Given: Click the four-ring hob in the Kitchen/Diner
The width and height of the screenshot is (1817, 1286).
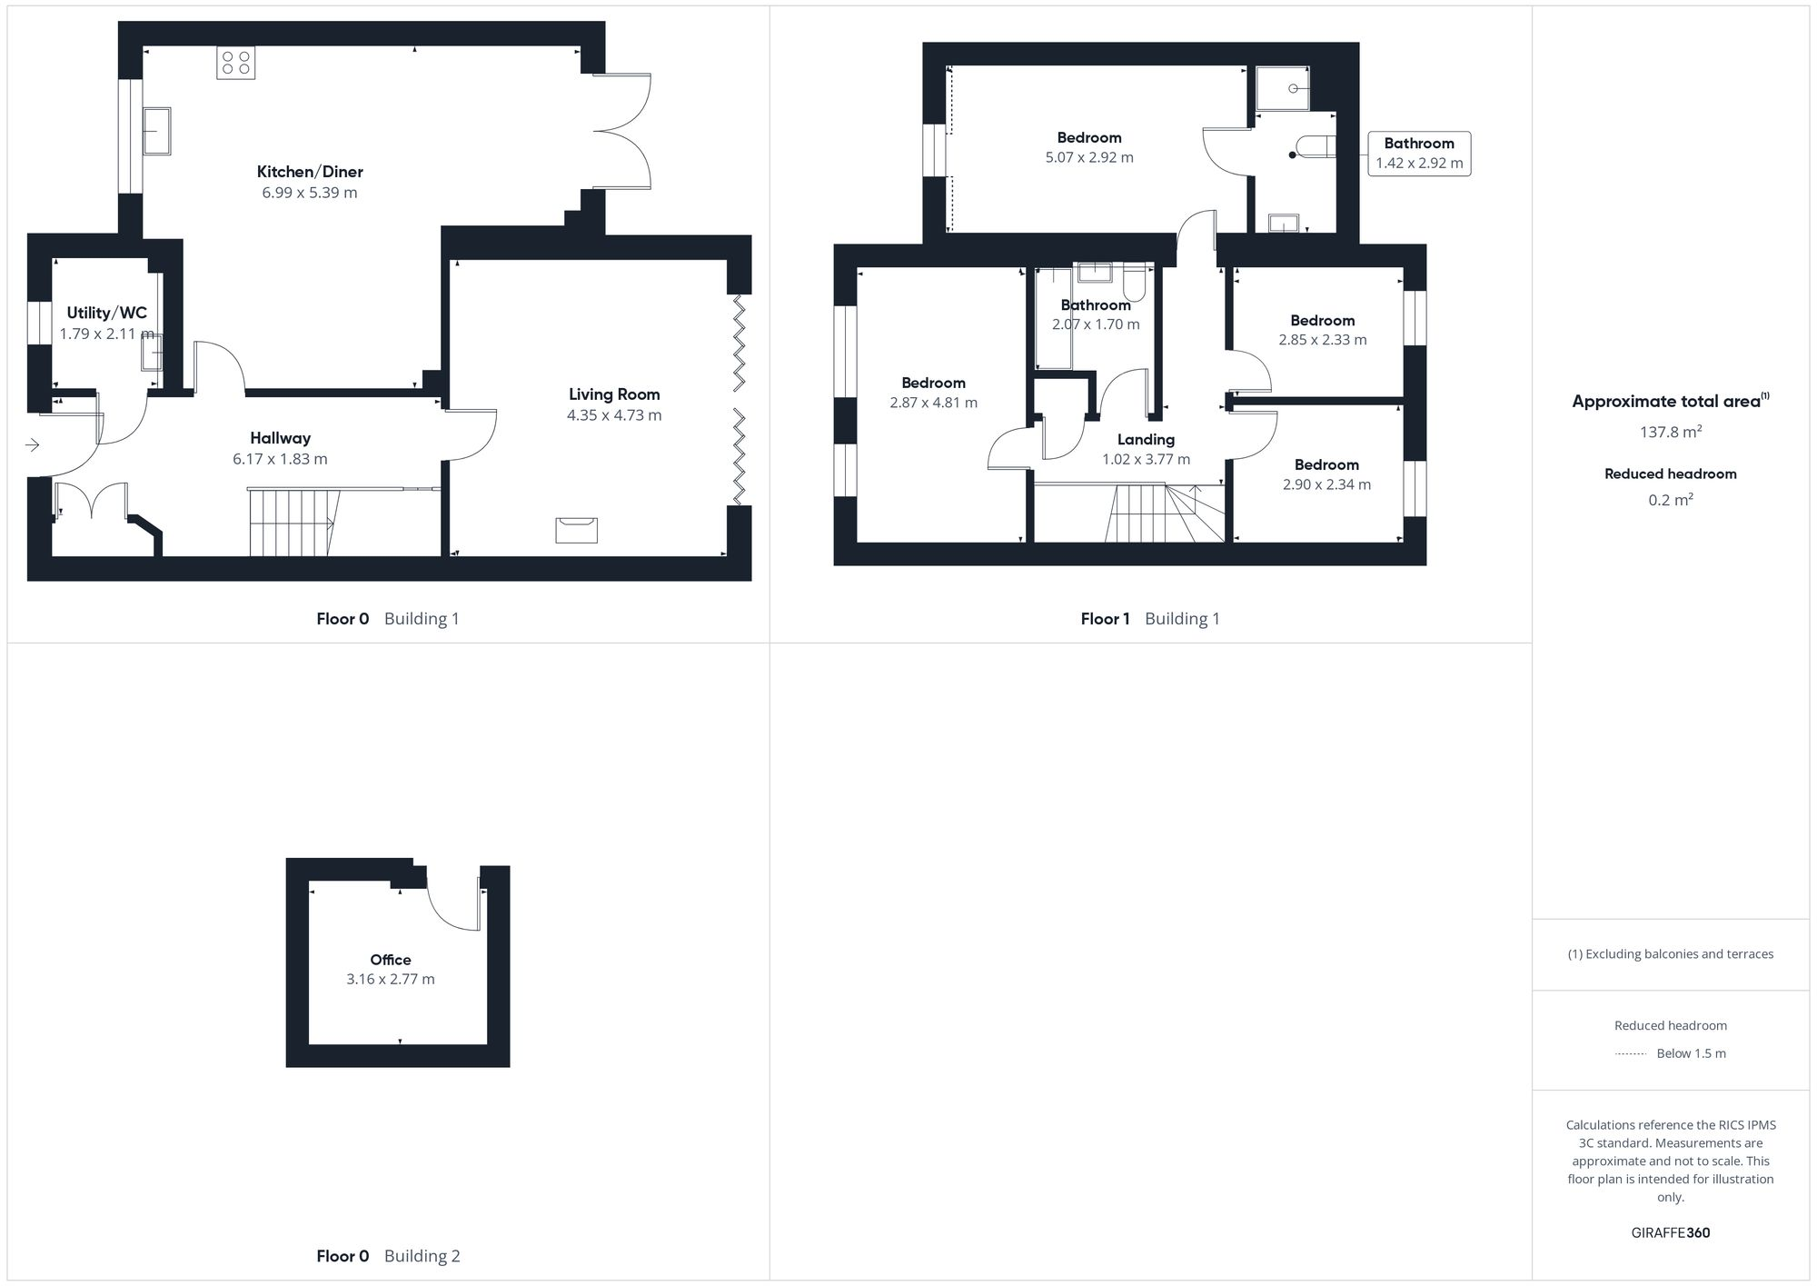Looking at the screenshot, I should pyautogui.click(x=235, y=63).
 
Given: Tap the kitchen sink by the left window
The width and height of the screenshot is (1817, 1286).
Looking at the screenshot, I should pyautogui.click(x=156, y=131).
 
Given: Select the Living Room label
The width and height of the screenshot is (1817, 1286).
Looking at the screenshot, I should pyautogui.click(x=614, y=394).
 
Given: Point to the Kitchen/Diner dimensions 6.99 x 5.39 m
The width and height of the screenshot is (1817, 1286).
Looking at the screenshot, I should pyautogui.click(x=310, y=193).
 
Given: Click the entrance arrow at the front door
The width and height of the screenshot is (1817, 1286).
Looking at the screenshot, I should pyautogui.click(x=33, y=444).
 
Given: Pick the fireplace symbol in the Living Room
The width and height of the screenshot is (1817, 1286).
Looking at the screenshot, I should pyautogui.click(x=577, y=529).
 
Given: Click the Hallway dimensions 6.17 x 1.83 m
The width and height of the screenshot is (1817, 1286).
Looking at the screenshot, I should pyautogui.click(x=280, y=459).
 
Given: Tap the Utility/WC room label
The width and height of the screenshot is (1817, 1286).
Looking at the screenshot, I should pyautogui.click(x=106, y=313).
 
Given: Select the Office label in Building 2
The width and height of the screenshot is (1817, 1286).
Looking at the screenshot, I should pyautogui.click(x=391, y=960).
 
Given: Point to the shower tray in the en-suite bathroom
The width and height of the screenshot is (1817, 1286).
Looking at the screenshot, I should pyautogui.click(x=1282, y=88).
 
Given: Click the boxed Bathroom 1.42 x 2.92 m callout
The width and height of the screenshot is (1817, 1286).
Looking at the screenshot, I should pyautogui.click(x=1419, y=154).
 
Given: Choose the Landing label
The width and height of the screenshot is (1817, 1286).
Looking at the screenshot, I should pyautogui.click(x=1146, y=440).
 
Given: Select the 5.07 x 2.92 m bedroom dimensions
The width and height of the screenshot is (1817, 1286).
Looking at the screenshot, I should pyautogui.click(x=1089, y=157).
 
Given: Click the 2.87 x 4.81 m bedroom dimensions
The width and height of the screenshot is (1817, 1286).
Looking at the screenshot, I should pyautogui.click(x=934, y=403).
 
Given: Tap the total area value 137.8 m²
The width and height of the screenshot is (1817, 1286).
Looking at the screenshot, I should pyautogui.click(x=1670, y=433).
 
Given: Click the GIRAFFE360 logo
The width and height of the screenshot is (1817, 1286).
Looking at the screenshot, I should pyautogui.click(x=1670, y=1233).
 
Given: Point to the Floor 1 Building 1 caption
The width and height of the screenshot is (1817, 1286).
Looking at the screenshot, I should pyautogui.click(x=1150, y=619).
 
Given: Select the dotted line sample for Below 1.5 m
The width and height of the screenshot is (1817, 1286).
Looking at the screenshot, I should pyautogui.click(x=1631, y=1054).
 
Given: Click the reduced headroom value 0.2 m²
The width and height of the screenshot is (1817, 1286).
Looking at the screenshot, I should pyautogui.click(x=1670, y=500).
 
